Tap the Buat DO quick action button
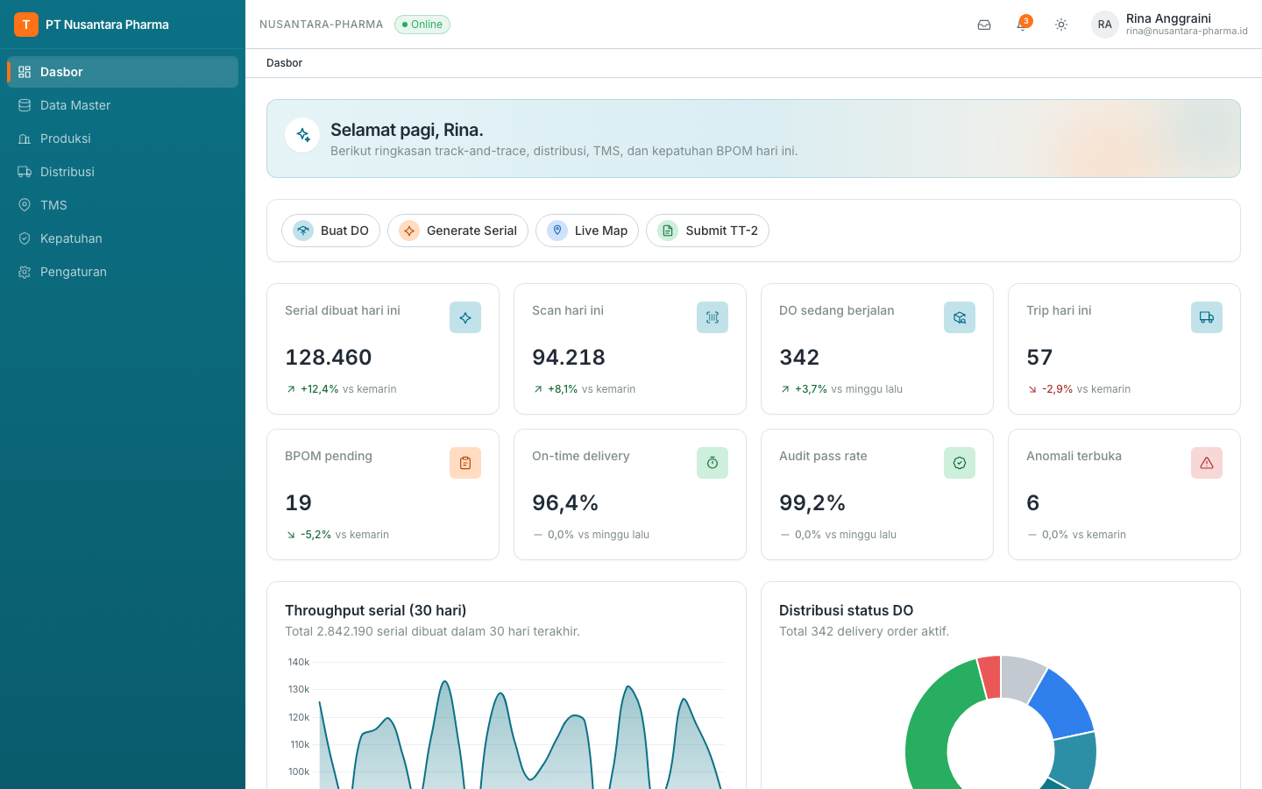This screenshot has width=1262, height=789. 330,231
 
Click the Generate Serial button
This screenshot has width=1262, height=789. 457,231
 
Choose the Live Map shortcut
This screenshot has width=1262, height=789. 587,231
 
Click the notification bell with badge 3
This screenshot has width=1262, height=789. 1022,25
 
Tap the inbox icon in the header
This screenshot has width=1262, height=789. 984,25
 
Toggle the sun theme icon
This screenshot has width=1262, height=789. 1060,25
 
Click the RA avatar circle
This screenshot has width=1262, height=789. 1104,25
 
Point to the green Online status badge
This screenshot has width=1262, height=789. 422,25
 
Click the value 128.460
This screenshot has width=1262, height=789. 329,358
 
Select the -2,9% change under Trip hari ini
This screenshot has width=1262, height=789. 1057,389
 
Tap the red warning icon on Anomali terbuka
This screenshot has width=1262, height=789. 1206,463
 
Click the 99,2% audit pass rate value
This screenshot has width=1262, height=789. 812,502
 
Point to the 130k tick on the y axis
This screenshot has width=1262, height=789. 299,689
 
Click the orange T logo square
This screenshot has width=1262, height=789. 26,25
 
